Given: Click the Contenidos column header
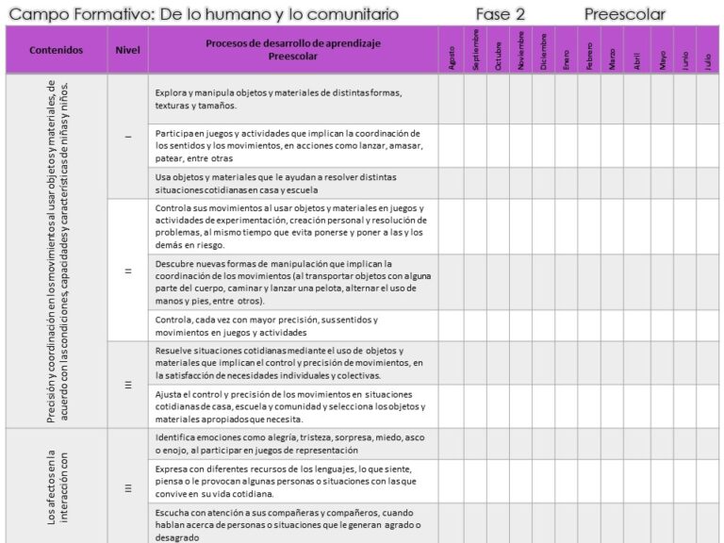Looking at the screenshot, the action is point(56,50).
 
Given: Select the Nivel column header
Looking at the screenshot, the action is point(127,50).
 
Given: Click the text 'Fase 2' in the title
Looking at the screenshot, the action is point(501,14).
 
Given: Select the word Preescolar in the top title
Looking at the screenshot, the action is point(624,14).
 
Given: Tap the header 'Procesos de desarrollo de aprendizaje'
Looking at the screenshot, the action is point(291,43).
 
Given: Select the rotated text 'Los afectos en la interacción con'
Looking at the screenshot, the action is point(58,485).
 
